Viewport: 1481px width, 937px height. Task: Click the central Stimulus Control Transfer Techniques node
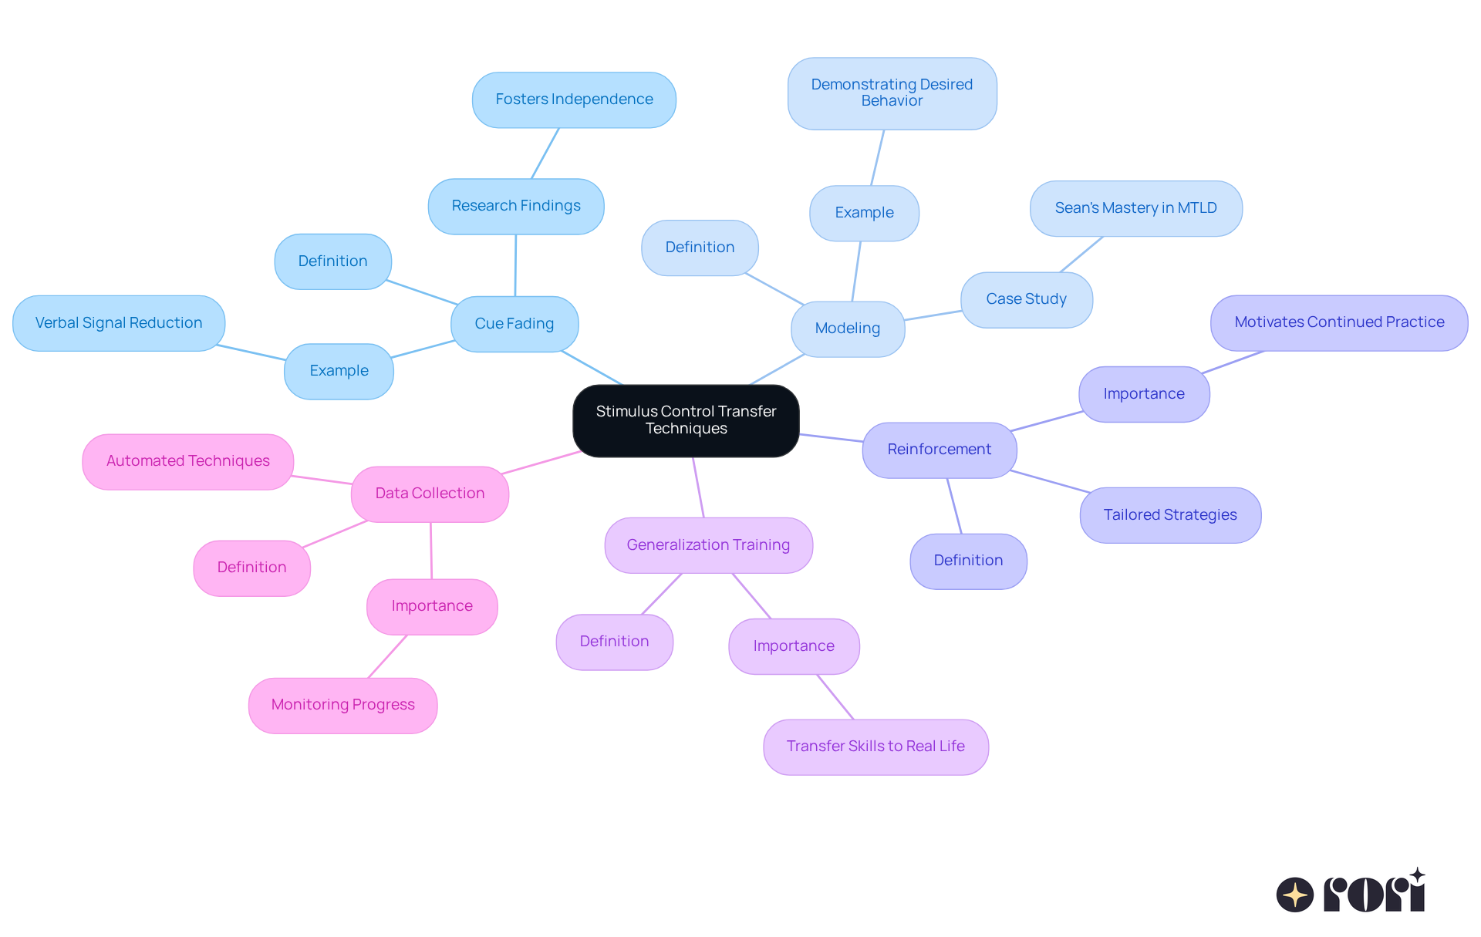(x=686, y=420)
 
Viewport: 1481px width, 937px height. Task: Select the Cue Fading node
(x=514, y=324)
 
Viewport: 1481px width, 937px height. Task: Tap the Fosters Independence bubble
(x=574, y=99)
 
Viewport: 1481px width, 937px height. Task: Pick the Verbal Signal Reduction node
(x=119, y=323)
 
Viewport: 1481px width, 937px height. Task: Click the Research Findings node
(x=516, y=206)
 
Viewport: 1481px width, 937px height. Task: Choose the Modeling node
(x=848, y=329)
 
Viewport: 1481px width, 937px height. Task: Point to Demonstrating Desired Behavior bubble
(x=892, y=93)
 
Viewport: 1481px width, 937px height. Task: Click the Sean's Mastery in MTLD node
(x=1135, y=208)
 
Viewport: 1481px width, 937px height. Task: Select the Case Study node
(x=1026, y=299)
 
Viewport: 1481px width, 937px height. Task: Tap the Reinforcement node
(x=939, y=450)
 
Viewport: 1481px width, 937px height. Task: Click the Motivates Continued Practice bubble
(x=1339, y=322)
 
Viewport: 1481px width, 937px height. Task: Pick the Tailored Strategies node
(x=1169, y=515)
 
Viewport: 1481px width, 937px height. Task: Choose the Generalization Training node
(x=708, y=545)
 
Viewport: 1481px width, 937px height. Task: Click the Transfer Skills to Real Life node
(x=875, y=747)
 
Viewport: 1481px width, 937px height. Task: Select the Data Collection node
(x=430, y=494)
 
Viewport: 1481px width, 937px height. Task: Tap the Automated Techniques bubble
(x=188, y=461)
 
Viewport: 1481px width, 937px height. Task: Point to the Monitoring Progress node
(x=342, y=705)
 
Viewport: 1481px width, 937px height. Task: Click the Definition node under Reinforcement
(x=968, y=561)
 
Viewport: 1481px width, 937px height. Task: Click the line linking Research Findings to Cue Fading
(x=515, y=265)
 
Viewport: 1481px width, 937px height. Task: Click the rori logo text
(x=1373, y=894)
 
